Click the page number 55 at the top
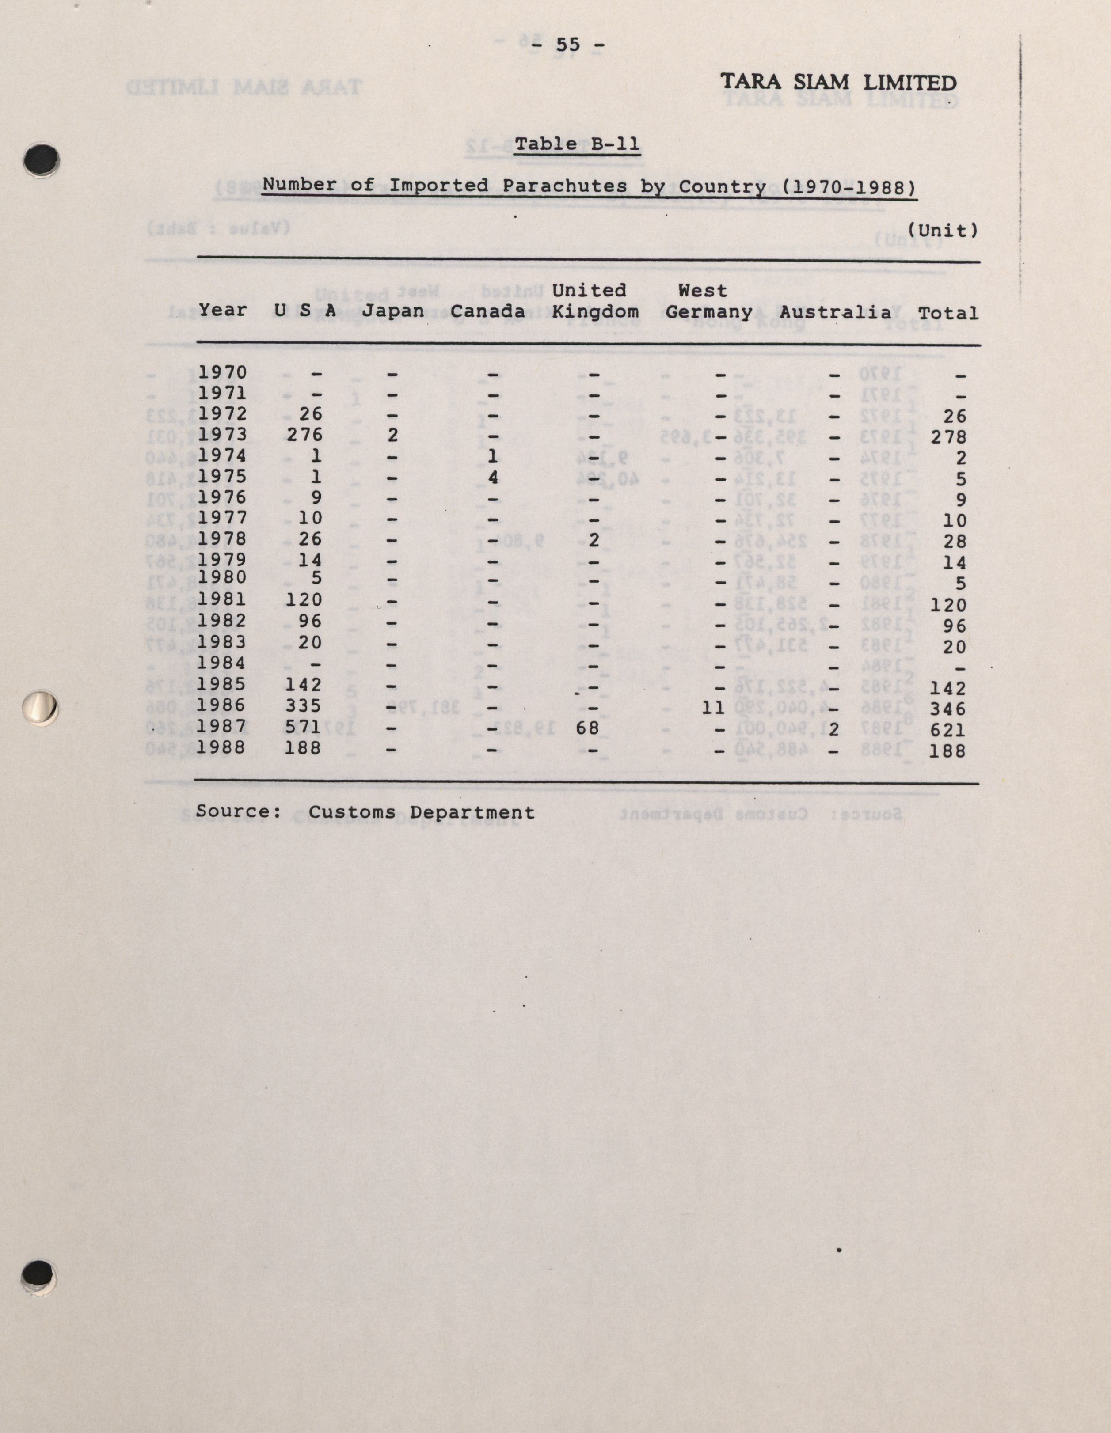(568, 45)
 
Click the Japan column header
(393, 311)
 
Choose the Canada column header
(487, 311)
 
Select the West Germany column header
(709, 301)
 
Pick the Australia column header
(835, 312)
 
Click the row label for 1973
(222, 434)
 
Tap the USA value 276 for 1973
(304, 434)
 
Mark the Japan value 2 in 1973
(392, 435)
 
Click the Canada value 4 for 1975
(493, 477)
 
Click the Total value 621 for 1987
(948, 730)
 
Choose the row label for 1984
(222, 663)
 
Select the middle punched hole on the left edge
(40, 707)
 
